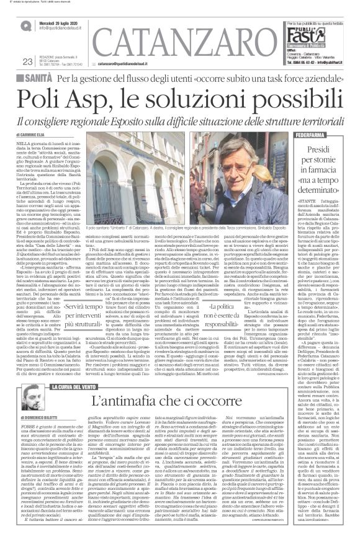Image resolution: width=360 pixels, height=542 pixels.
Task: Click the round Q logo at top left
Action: point(24,24)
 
